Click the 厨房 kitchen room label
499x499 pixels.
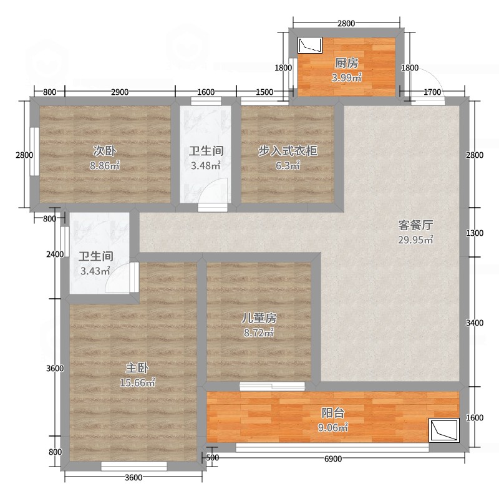346,63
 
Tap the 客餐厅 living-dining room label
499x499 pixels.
415,225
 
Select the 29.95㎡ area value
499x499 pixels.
415,240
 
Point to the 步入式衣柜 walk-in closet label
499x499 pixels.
288,151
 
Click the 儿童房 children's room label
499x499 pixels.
259,318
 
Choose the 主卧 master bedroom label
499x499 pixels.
137,368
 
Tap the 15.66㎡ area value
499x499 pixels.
137,382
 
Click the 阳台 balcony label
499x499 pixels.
333,413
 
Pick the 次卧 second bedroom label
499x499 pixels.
104,151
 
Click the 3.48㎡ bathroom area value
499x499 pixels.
206,165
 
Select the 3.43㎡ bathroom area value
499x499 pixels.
95,271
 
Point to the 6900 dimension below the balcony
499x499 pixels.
333,458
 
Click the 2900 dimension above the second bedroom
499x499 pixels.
120,92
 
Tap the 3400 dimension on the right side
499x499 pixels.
475,322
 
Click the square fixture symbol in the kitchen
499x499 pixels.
309,45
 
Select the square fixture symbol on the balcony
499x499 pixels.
444,430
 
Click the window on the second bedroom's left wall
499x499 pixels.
34,152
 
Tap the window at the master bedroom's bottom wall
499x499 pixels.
134,466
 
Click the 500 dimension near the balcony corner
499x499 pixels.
213,458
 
